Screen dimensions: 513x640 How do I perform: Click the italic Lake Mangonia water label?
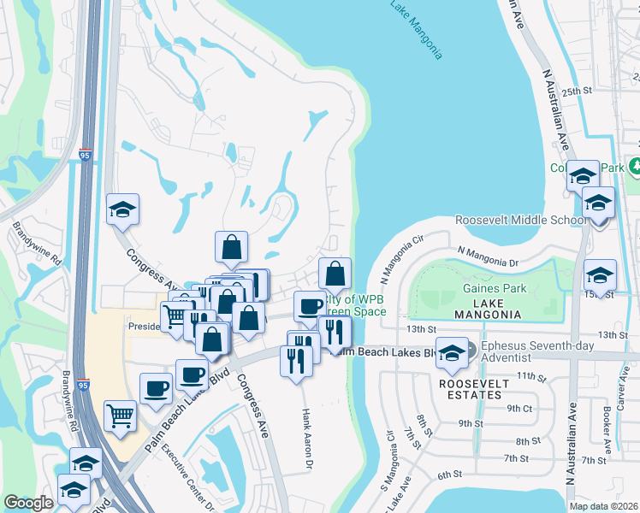tap(417, 30)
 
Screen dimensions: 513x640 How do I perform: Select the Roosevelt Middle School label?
tap(520, 220)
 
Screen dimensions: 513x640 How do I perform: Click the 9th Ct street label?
tap(519, 408)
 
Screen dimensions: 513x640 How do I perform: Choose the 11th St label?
tap(531, 376)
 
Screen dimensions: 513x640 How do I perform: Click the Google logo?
tap(28, 503)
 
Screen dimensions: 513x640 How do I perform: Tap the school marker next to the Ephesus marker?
tap(451, 351)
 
